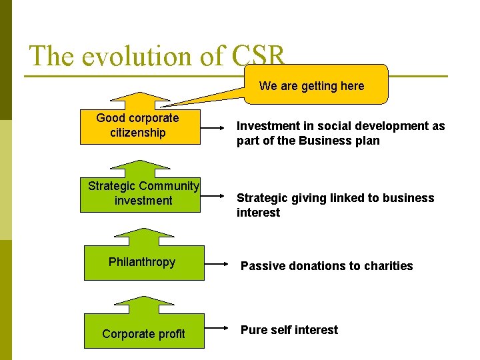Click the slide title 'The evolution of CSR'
(157, 56)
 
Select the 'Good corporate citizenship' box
(139, 125)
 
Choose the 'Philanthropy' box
(143, 262)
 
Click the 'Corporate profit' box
(144, 333)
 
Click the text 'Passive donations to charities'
(327, 266)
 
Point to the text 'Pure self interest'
(289, 330)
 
